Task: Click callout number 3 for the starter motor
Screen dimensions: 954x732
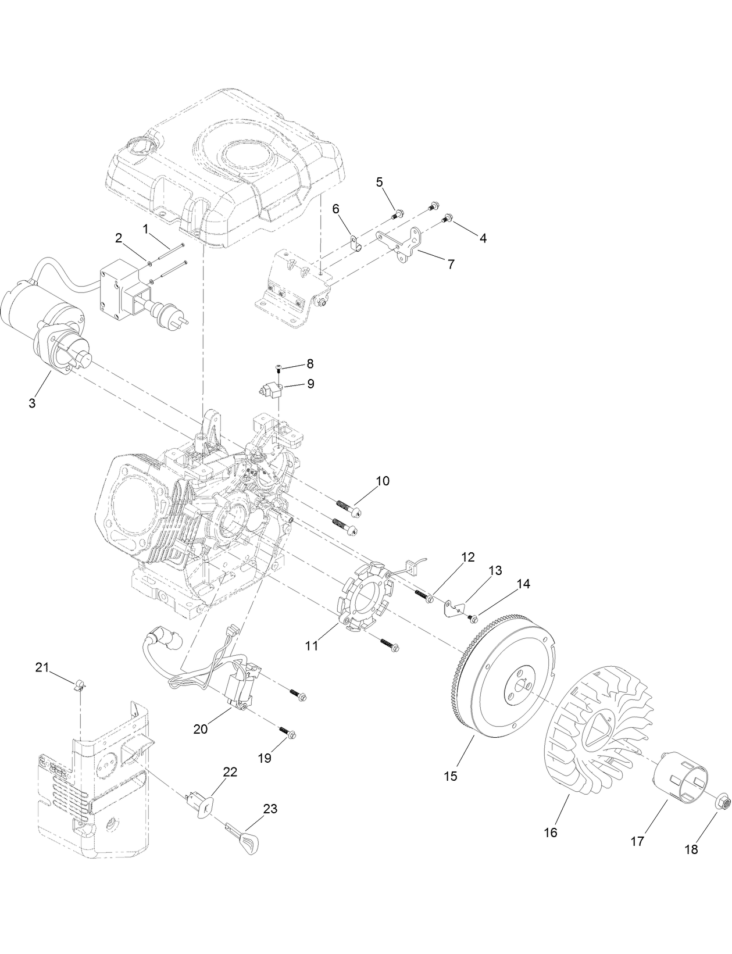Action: pyautogui.click(x=32, y=403)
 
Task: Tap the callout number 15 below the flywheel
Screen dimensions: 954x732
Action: pyautogui.click(x=451, y=776)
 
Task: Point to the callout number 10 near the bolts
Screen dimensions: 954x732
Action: pyautogui.click(x=382, y=481)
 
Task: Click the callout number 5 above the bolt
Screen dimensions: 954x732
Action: pyautogui.click(x=380, y=182)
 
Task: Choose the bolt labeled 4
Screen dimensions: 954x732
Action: pyautogui.click(x=448, y=219)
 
